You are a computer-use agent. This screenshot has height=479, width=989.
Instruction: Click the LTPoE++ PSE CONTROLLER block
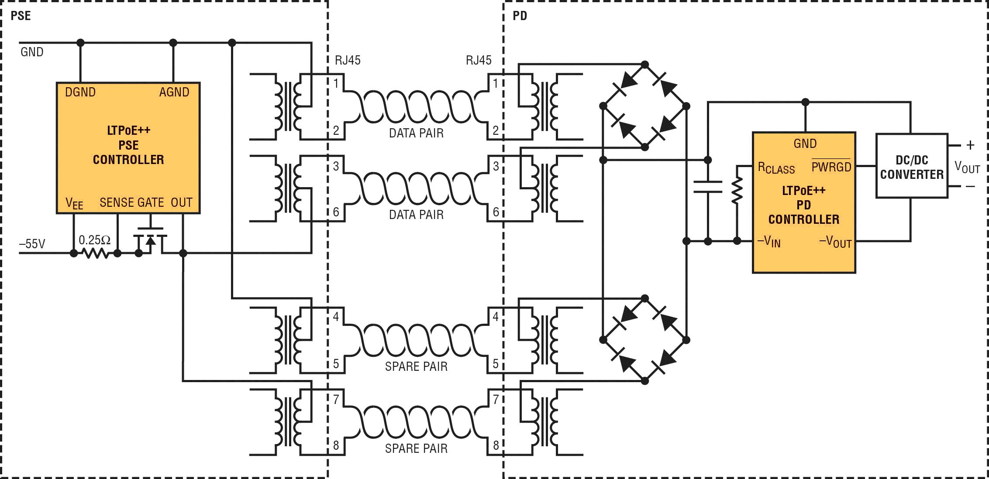point(128,147)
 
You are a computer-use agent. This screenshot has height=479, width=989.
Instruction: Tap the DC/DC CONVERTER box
point(911,167)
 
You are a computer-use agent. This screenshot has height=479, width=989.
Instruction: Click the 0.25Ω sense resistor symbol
point(95,253)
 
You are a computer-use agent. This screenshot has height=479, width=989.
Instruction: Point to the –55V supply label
point(32,244)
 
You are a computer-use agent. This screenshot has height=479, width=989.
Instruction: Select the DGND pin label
point(80,92)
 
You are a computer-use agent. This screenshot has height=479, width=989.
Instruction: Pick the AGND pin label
point(174,92)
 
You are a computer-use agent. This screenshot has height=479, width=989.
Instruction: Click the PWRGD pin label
point(831,166)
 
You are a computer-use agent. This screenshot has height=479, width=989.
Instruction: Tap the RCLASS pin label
point(776,168)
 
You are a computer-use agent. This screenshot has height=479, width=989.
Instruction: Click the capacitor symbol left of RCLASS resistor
point(708,187)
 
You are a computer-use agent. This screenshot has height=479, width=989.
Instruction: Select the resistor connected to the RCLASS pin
point(737,190)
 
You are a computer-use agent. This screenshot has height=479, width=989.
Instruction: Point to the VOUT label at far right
point(967,167)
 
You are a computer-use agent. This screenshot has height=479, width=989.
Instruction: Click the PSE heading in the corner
point(21,16)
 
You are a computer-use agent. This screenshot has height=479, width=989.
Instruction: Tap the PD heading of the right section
point(520,16)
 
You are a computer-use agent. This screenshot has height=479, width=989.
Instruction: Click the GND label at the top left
point(32,52)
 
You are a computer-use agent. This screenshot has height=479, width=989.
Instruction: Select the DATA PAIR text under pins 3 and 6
point(416,215)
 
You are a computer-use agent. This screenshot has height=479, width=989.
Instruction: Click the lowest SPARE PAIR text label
point(416,448)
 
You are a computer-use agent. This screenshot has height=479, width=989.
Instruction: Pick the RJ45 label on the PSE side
point(348,60)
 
